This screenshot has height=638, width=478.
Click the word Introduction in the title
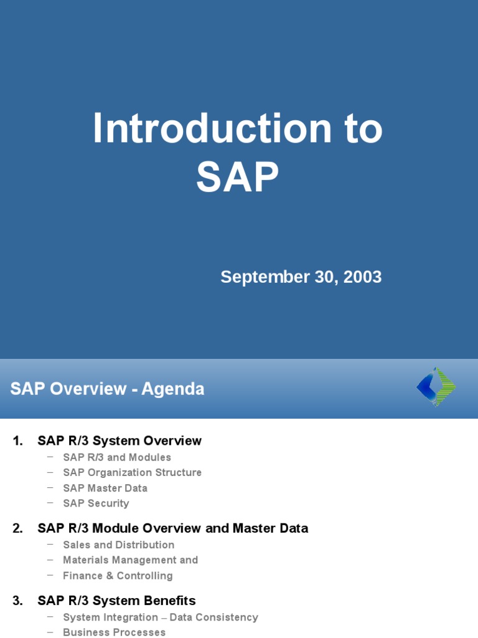[x=212, y=129]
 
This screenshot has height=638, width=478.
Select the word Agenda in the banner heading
[x=172, y=389]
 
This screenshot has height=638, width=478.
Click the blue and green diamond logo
[x=436, y=387]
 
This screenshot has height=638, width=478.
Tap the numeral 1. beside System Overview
[x=17, y=441]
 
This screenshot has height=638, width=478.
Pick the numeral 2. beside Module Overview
[x=17, y=528]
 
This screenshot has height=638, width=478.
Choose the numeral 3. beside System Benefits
[x=17, y=601]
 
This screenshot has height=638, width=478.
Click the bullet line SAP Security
[x=96, y=503]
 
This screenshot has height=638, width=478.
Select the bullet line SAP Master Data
[x=105, y=488]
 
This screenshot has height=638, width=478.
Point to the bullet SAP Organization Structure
[x=132, y=473]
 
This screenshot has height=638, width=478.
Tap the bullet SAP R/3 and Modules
[x=117, y=457]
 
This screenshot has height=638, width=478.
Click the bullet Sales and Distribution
[x=118, y=545]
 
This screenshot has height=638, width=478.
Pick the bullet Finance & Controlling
[x=118, y=576]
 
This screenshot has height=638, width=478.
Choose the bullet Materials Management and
[x=130, y=560]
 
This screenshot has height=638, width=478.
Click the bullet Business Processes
[x=114, y=632]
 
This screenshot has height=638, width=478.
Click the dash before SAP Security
[x=50, y=502]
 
